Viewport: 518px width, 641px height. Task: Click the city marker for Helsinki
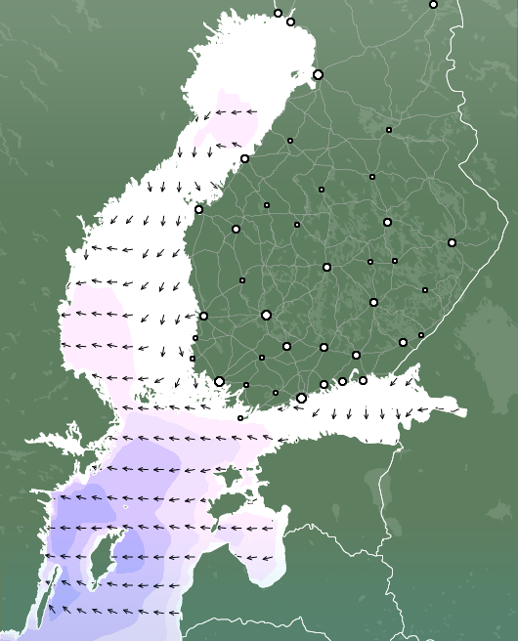(301, 398)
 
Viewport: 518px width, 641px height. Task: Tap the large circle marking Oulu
(318, 74)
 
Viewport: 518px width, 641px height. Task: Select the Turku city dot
(219, 381)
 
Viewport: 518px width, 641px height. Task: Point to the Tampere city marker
(266, 315)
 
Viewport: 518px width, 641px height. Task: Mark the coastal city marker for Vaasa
(198, 209)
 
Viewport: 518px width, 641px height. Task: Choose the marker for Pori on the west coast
(203, 316)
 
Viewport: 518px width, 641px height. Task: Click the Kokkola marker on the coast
(244, 158)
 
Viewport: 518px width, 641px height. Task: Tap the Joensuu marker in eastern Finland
(452, 242)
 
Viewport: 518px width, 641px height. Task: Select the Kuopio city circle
(387, 222)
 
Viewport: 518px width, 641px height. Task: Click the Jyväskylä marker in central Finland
(326, 267)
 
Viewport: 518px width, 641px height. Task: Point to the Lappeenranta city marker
(403, 342)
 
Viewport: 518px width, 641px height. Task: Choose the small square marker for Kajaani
(388, 129)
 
